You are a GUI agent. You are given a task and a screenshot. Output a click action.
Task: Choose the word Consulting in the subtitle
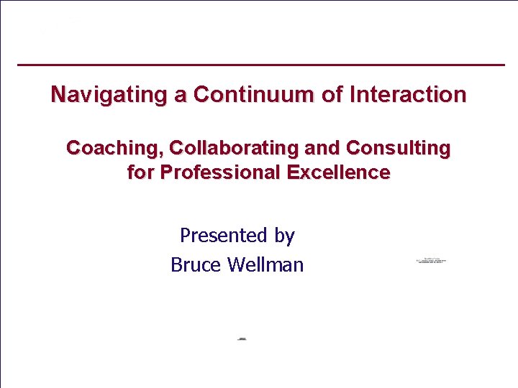[398, 149]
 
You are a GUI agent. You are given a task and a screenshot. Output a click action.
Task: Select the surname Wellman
[265, 265]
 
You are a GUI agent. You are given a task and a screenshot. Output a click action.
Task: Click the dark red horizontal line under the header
[260, 65]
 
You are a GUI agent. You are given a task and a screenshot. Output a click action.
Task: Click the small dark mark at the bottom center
[242, 338]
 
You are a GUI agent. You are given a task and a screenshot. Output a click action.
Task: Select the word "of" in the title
[332, 95]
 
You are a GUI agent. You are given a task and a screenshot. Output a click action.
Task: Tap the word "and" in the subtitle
[324, 149]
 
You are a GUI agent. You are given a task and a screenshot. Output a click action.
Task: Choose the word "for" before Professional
[141, 173]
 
